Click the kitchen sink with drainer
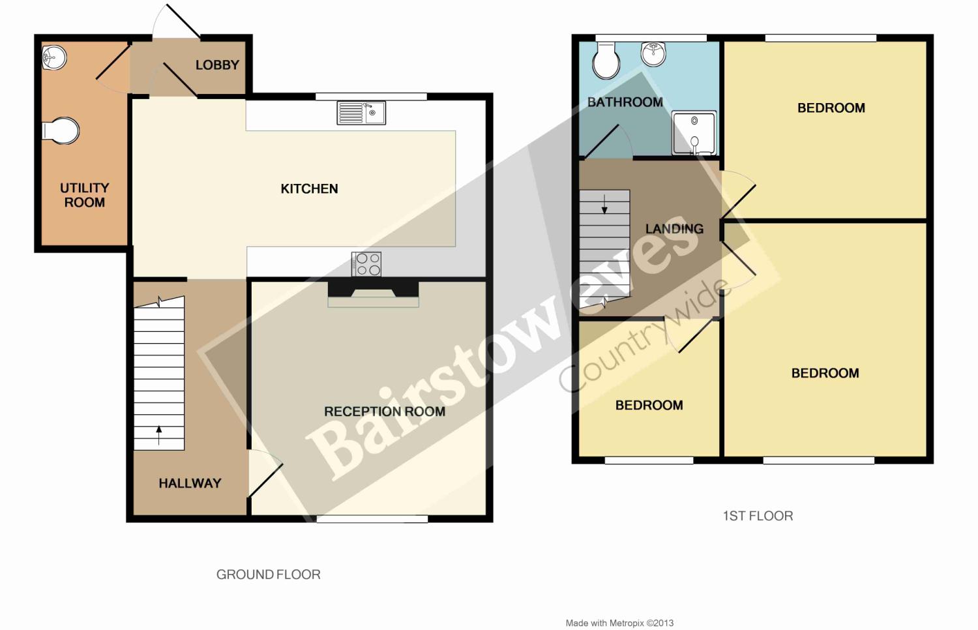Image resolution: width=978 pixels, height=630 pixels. pos(361,113)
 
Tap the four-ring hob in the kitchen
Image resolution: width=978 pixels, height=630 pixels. pos(366,264)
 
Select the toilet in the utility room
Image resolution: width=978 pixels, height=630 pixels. pos(61,130)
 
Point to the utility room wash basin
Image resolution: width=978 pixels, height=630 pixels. pos(54,57)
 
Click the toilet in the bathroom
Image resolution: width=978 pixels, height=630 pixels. pos(606,61)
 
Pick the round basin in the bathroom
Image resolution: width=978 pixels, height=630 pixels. pos(653,54)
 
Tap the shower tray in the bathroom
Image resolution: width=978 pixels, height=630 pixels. pos(694,133)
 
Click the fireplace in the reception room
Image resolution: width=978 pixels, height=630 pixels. pos(374,294)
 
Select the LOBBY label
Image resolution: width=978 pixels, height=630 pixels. pos(217,65)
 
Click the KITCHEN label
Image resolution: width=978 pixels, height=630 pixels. pos(309,188)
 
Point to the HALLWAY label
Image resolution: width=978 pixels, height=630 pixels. pos(190,483)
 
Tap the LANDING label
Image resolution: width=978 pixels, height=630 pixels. pos(675,229)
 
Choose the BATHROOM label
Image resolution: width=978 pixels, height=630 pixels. pos(625,102)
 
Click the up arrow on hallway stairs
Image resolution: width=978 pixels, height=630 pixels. pos(159,435)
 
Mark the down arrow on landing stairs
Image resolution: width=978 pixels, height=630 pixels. pos(604,204)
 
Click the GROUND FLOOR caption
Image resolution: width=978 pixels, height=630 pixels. pos(269,575)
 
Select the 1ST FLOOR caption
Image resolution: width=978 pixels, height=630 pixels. pos(758,516)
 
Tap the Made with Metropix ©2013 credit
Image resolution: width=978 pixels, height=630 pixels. pos(619,623)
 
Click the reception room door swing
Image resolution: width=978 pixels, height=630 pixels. pos(265,473)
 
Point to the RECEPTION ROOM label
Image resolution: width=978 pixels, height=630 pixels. pos(385,412)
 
